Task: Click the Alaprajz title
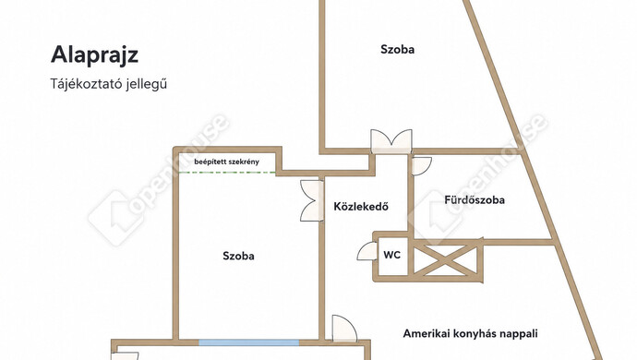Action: (x=94, y=55)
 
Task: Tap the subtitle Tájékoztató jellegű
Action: (x=108, y=84)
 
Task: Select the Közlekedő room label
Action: (x=361, y=207)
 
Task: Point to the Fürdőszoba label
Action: (x=475, y=200)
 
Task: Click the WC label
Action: (x=392, y=255)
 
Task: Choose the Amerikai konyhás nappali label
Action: (x=470, y=334)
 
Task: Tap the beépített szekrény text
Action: (x=226, y=162)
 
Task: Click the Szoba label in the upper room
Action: (x=397, y=50)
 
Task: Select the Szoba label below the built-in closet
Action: (x=238, y=256)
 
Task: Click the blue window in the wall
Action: (x=248, y=343)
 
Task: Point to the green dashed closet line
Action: (x=227, y=173)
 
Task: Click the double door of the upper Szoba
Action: (x=391, y=142)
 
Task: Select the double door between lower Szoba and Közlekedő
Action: (x=312, y=200)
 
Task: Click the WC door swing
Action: (x=367, y=251)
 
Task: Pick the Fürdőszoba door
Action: (x=421, y=166)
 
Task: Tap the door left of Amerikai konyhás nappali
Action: (x=344, y=329)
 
